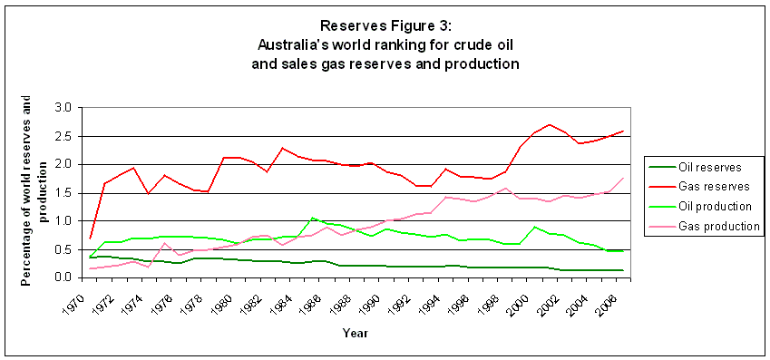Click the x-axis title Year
[355, 334]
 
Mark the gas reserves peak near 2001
[550, 125]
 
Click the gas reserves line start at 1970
[90, 238]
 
